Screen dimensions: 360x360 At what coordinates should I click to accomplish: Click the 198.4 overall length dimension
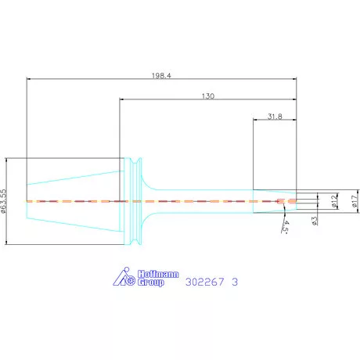(161, 76)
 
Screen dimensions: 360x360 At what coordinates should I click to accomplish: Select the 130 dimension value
(208, 96)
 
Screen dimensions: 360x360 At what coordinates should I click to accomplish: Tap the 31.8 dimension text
(275, 117)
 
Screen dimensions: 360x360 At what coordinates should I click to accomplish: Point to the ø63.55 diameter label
(3, 201)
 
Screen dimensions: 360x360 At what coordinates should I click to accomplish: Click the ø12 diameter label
(334, 201)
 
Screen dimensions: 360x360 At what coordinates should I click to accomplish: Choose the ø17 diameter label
(355, 201)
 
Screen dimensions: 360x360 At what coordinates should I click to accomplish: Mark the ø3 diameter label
(315, 221)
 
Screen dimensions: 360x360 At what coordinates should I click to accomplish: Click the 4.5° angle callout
(286, 227)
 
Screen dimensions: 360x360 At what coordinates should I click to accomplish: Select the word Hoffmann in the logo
(158, 274)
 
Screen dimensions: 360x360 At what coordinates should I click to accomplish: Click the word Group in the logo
(151, 282)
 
